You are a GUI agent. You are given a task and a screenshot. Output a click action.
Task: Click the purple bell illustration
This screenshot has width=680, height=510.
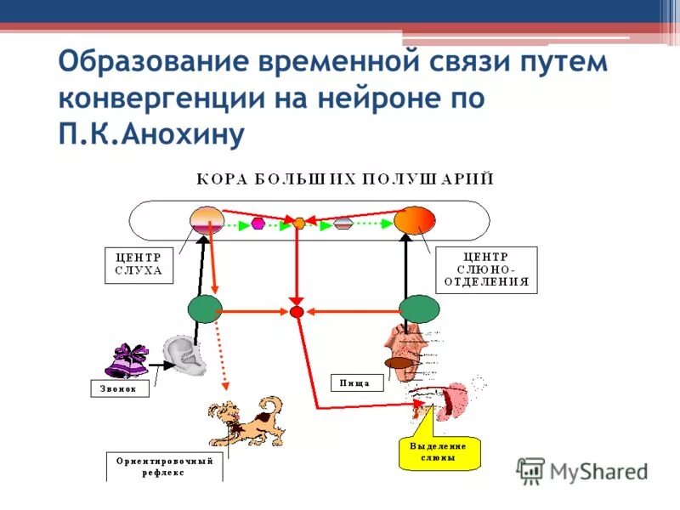coord(127,360)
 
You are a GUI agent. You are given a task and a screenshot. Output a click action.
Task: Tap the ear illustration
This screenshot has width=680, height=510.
coord(186,355)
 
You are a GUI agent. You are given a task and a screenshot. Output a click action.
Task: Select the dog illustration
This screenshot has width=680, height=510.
coord(247,421)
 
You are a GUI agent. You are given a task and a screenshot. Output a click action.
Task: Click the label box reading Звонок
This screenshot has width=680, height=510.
coord(120,388)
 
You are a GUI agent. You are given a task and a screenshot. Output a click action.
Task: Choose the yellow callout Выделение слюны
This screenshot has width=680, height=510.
coord(439,451)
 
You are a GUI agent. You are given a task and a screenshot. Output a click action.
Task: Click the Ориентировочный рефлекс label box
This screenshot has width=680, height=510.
coord(165,467)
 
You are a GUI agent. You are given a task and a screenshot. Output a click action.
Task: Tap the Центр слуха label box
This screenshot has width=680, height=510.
coord(139,266)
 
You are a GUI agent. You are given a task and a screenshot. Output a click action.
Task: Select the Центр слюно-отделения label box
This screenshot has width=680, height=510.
coord(486,270)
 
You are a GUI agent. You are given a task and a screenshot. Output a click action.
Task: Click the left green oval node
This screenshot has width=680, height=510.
coord(205,310)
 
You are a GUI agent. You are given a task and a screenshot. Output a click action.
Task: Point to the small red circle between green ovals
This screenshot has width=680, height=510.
coord(297,312)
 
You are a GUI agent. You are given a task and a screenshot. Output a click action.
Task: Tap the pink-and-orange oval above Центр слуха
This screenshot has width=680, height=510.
coord(207,221)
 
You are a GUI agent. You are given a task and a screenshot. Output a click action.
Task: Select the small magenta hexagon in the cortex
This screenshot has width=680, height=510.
coord(258,224)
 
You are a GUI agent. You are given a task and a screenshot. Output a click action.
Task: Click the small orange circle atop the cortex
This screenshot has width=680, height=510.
coord(298,224)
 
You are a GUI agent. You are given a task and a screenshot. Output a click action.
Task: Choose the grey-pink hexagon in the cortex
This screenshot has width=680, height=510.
coord(343,224)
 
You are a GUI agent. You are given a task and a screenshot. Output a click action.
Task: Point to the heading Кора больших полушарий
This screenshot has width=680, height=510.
coord(345,179)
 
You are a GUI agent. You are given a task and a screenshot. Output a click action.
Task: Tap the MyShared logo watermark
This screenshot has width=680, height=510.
coord(582,471)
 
